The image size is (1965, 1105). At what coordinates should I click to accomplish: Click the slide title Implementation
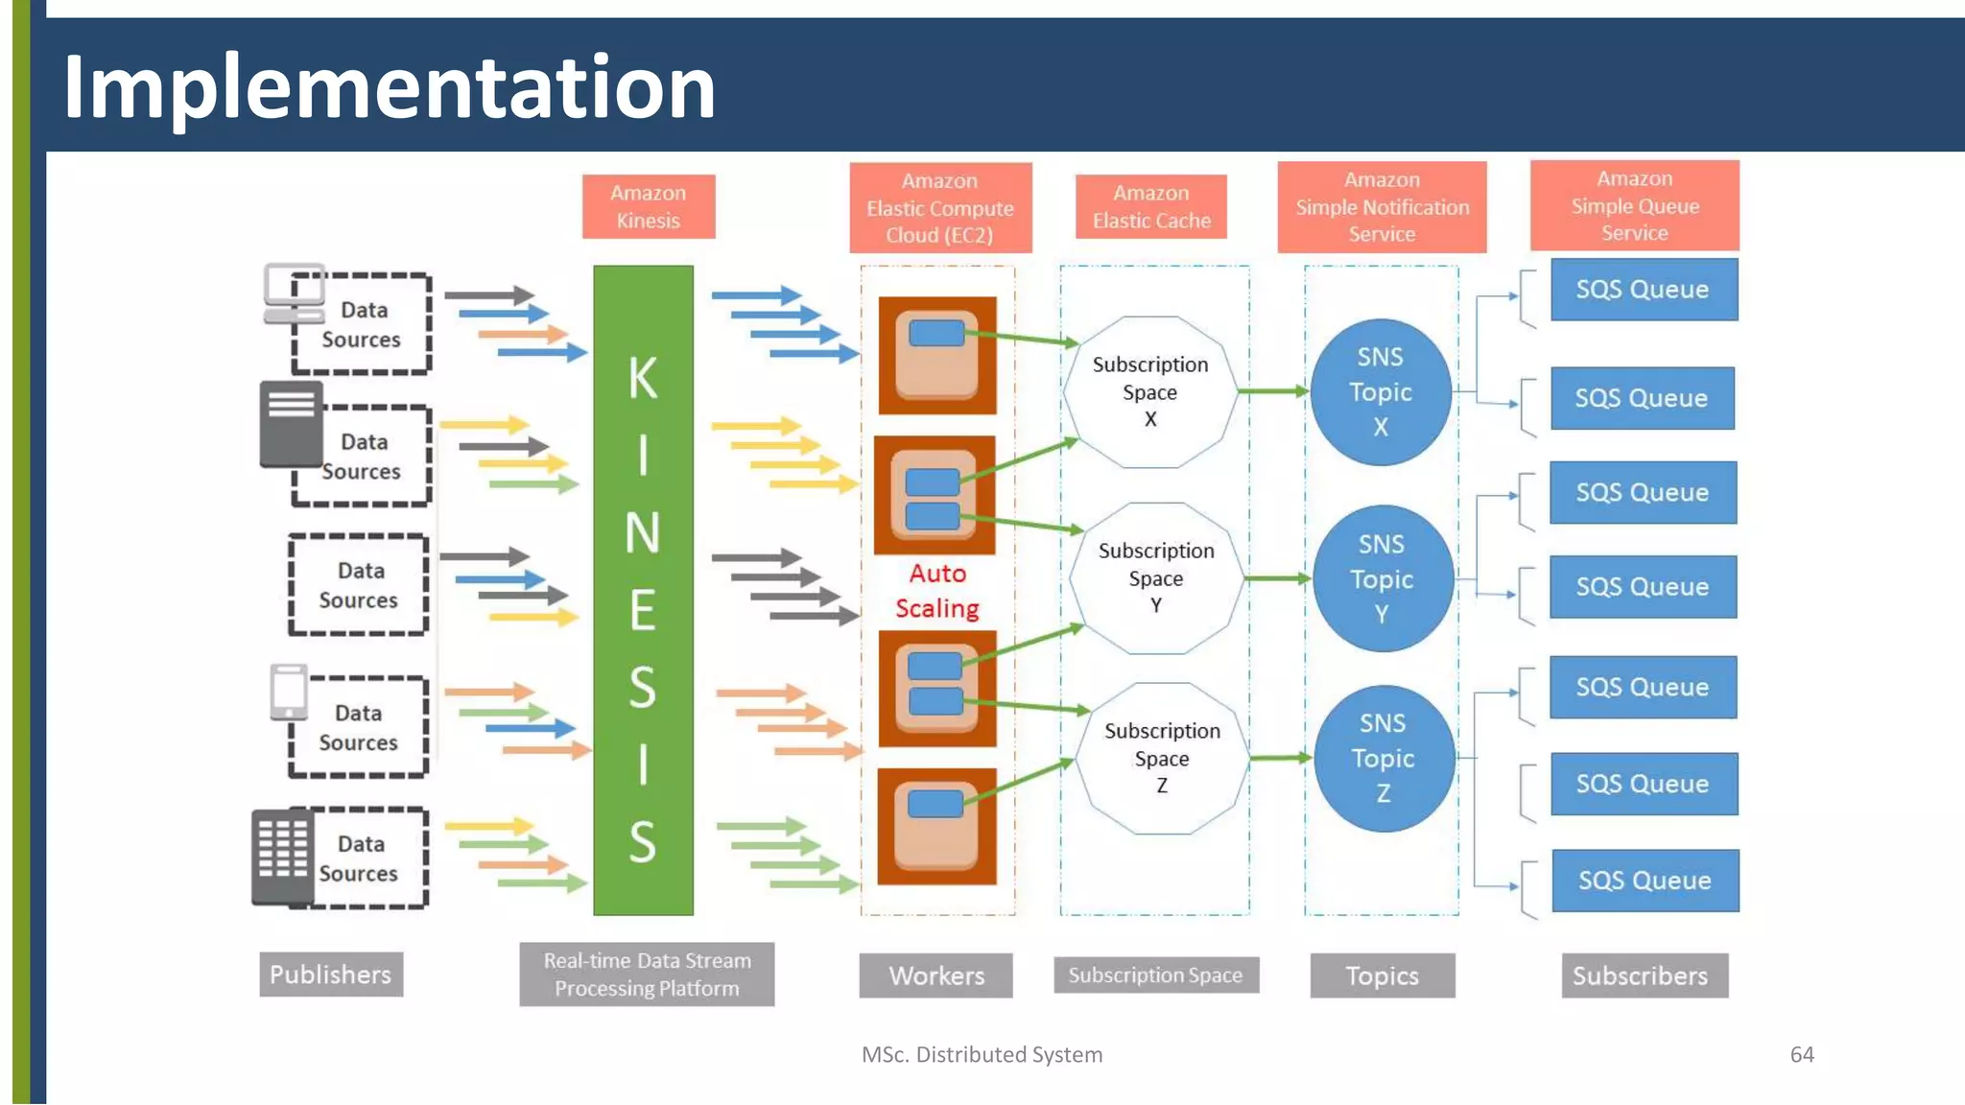point(389,87)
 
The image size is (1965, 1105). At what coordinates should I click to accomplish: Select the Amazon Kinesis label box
point(649,206)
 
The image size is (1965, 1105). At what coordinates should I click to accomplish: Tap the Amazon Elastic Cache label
point(1150,206)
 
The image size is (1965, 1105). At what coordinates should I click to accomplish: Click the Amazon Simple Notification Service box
point(1382,206)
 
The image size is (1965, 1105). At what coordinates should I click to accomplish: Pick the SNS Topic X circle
point(1380,391)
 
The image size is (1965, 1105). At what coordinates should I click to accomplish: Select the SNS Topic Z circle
point(1383,758)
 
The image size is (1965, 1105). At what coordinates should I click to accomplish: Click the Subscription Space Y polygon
point(1156,577)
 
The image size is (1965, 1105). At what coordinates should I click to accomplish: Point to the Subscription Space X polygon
point(1150,391)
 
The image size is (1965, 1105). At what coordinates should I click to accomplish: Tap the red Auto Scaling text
point(937,591)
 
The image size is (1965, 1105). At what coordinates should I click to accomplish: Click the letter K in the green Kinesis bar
point(643,378)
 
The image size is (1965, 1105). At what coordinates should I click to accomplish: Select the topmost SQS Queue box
point(1643,289)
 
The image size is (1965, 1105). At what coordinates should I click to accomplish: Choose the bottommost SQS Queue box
point(1645,880)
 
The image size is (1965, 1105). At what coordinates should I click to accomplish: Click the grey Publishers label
point(330,975)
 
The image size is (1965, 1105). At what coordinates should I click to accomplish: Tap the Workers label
point(935,976)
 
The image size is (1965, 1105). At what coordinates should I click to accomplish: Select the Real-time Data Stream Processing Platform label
point(647,975)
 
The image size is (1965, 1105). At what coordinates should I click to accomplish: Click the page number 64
point(1801,1054)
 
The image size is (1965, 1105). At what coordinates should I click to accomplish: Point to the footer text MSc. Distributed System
point(982,1054)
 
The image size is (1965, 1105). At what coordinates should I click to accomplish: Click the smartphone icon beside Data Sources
point(289,691)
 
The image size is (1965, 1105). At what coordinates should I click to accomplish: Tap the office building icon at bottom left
point(282,857)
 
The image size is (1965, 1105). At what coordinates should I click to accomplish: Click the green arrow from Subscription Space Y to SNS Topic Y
point(1276,578)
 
